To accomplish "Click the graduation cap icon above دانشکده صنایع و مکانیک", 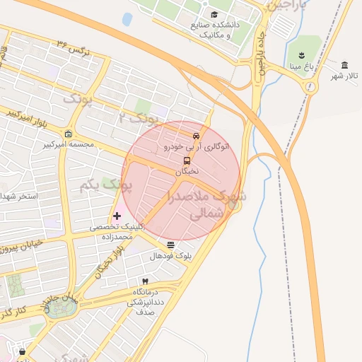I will tap(214, 15).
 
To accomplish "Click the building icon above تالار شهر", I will tap(344, 64).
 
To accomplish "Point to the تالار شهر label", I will tap(346, 76).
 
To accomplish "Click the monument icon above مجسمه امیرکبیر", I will tap(68, 134).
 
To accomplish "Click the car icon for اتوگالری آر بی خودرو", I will tap(196, 136).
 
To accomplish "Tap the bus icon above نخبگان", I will tap(187, 160).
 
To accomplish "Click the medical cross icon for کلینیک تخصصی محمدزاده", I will tap(117, 215).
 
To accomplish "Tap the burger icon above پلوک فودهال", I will tap(170, 245).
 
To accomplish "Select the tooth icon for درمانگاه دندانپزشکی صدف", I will tap(146, 281).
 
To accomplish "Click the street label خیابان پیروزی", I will tap(27, 245).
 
